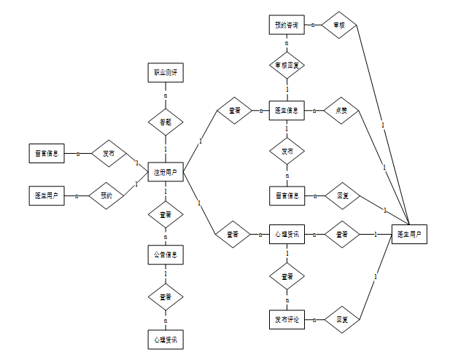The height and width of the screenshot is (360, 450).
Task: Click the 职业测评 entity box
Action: [x=165, y=73]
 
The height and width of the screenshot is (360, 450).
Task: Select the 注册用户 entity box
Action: [x=165, y=173]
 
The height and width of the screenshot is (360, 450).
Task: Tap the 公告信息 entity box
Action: [x=165, y=256]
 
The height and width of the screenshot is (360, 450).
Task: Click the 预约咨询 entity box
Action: [x=287, y=26]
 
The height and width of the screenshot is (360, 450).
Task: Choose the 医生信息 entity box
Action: [x=287, y=111]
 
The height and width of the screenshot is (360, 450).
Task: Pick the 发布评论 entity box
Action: [x=287, y=319]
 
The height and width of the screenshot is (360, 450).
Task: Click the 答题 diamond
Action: [x=165, y=122]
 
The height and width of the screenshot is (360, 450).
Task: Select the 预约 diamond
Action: [x=107, y=195]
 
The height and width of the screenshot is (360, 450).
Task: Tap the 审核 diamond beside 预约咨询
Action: [x=340, y=26]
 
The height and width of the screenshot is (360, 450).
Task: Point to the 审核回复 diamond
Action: [x=287, y=66]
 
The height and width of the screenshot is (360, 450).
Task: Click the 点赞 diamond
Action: [x=340, y=111]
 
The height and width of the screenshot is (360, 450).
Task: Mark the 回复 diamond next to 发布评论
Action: [x=341, y=319]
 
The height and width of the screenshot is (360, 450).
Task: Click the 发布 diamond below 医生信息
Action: [x=287, y=152]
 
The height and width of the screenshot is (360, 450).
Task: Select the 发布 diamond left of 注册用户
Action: [x=108, y=154]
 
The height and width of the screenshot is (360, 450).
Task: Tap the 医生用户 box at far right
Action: [x=409, y=235]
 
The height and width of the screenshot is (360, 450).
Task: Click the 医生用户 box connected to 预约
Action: [x=47, y=195]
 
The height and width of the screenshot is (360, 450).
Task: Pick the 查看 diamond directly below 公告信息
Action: [x=165, y=297]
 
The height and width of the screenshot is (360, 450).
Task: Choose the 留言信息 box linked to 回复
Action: [x=287, y=195]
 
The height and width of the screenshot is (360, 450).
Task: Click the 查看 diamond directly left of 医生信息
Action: [x=234, y=111]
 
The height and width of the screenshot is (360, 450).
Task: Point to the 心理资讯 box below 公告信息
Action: [x=165, y=340]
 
